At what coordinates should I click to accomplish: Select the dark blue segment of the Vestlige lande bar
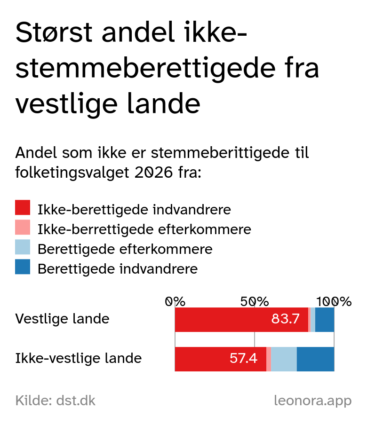325,320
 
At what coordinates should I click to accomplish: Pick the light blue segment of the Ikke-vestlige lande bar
284,359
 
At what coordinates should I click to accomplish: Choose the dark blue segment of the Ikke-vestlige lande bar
315,359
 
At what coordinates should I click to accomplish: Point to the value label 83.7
285,319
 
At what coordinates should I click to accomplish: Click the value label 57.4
243,359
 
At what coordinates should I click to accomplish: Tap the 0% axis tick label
175,301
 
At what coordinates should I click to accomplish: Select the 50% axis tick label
255,301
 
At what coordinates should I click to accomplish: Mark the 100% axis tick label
334,301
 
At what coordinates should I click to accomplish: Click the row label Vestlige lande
62,319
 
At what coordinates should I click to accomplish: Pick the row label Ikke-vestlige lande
79,359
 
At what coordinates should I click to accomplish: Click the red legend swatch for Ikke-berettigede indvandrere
23,208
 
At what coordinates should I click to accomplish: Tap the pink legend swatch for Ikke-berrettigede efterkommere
23,228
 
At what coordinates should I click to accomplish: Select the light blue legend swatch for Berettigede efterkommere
23,247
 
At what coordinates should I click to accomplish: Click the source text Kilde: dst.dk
56,401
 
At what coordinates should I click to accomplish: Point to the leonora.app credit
312,401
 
